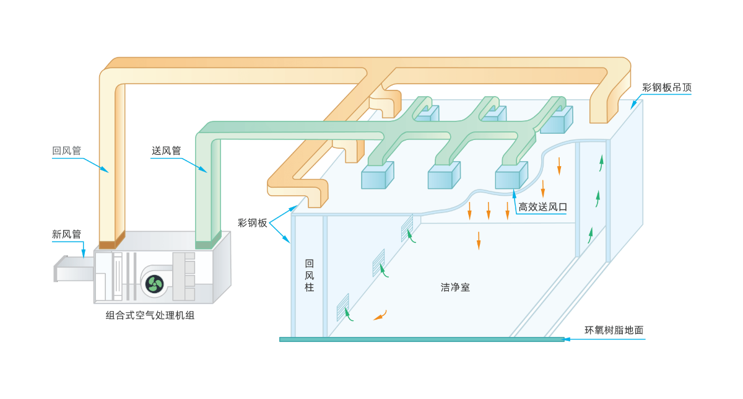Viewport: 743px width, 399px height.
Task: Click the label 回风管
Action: click(67, 151)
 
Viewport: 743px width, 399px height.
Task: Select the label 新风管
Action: click(67, 235)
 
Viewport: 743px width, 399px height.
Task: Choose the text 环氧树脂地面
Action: click(614, 330)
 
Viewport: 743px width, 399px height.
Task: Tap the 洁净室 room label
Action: click(455, 287)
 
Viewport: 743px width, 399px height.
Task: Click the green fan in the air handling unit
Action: click(154, 284)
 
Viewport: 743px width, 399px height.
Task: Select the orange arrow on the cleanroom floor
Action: click(380, 315)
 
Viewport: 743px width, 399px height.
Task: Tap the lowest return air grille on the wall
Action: click(342, 307)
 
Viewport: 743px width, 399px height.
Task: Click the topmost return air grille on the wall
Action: click(407, 228)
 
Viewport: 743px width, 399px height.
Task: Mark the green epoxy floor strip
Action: click(421, 339)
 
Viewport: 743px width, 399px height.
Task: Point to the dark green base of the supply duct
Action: click(207, 242)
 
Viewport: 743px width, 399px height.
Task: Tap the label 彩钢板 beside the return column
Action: click(253, 222)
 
